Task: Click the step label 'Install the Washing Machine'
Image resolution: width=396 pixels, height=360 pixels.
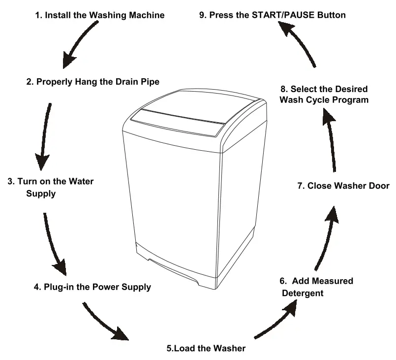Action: [x=99, y=15]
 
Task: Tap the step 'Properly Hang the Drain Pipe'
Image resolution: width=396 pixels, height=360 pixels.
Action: [x=92, y=82]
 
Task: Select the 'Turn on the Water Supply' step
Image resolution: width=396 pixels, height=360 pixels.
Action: [x=50, y=187]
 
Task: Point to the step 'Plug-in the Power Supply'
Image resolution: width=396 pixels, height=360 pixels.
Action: [x=92, y=286]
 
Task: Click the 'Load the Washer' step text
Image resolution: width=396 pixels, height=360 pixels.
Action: [x=206, y=348]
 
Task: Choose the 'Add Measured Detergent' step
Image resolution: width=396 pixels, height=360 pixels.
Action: [x=316, y=287]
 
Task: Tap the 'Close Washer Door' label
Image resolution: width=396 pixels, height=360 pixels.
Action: [x=343, y=186]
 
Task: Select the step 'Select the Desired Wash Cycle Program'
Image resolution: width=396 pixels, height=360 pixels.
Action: [x=324, y=94]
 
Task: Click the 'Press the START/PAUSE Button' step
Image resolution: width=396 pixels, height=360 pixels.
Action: [x=272, y=15]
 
